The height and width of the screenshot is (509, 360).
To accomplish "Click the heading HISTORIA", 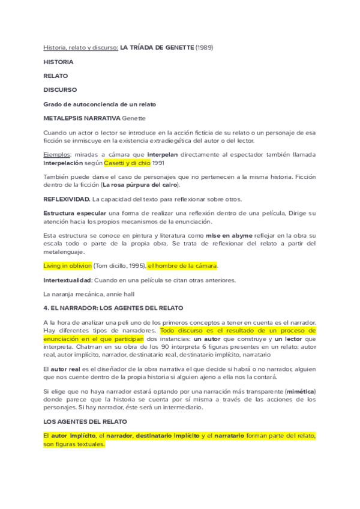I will [58, 62].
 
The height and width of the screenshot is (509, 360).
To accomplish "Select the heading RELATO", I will [55, 76].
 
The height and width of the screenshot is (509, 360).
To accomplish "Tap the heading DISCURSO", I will [60, 89].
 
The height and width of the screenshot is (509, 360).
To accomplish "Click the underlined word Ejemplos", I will [57, 155].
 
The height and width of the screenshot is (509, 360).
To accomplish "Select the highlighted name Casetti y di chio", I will [127, 163].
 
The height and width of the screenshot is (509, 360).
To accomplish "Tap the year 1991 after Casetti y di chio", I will [157, 163].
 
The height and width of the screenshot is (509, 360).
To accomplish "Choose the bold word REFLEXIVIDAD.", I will [67, 199].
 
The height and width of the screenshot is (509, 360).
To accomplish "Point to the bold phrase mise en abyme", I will [229, 236].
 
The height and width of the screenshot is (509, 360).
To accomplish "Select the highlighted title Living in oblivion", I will [68, 265].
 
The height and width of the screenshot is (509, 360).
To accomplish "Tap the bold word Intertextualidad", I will [67, 280].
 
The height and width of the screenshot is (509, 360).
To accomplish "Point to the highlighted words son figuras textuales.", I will [74, 444].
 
